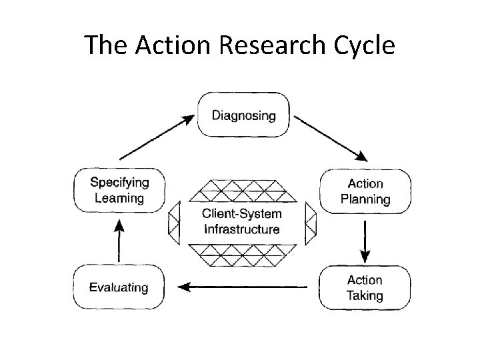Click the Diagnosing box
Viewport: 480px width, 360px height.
coord(243,115)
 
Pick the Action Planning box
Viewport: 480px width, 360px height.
coord(365,191)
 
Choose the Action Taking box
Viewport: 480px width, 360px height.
coord(365,287)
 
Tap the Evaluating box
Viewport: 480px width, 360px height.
coord(119,287)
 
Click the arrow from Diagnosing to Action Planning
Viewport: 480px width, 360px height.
coord(330,138)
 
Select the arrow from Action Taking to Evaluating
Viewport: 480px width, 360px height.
coord(243,287)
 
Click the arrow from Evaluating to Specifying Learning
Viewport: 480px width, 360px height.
coord(119,241)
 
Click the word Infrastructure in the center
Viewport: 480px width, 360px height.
coord(241,229)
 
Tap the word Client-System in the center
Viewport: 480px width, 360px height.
coord(241,214)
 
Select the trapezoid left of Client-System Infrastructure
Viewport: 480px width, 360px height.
coord(175,221)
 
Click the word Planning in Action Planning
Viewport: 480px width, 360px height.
coord(365,199)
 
